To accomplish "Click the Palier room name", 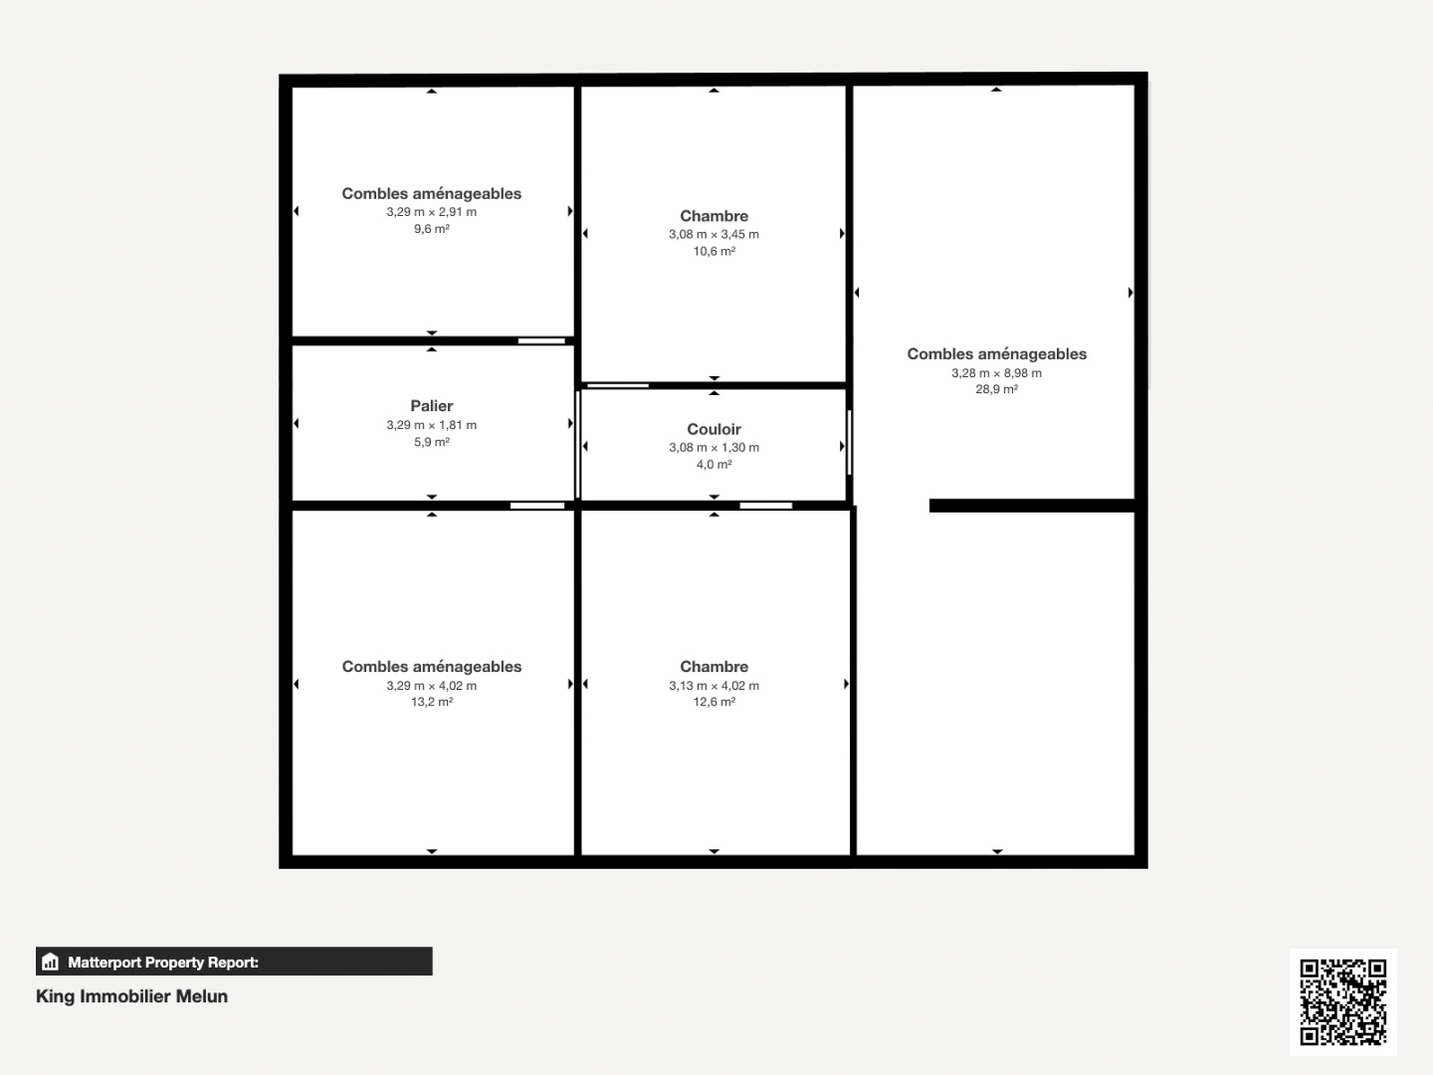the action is click(432, 406).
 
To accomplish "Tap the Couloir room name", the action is click(714, 429).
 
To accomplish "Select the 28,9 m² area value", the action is click(996, 389).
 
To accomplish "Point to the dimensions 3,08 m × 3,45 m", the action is click(714, 234).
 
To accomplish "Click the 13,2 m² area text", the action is click(432, 703).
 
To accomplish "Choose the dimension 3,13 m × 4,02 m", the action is click(714, 686).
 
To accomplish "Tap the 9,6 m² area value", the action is click(432, 229).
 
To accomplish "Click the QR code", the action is click(1342, 1002).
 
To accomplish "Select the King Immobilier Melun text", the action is click(132, 996).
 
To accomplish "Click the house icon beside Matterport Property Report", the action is click(51, 962).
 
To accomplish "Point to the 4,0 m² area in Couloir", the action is click(714, 465).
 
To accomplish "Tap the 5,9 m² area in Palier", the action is click(432, 443).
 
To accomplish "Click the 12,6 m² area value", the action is click(714, 703).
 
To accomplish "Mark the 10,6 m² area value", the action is click(714, 251).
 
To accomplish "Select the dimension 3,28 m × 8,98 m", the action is click(996, 373).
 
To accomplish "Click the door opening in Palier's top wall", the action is click(541, 340).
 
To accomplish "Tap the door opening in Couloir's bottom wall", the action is click(766, 506).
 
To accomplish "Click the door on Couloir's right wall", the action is click(849, 443).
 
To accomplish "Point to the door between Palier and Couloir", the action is click(578, 445).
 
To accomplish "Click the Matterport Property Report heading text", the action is click(163, 963).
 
